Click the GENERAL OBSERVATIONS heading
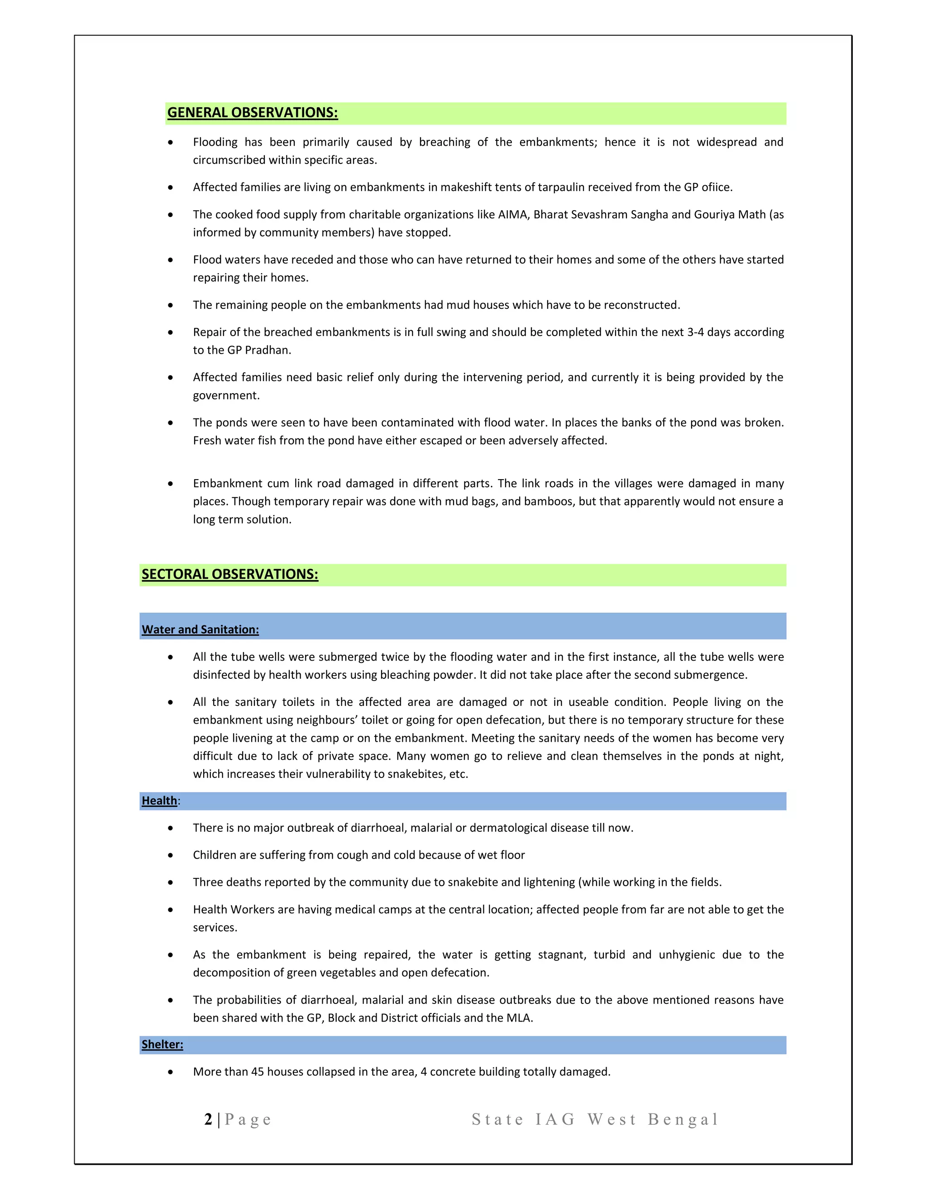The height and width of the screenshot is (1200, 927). (x=252, y=113)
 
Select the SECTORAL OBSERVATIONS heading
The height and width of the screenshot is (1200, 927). (x=229, y=574)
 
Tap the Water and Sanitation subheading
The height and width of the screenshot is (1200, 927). (x=200, y=630)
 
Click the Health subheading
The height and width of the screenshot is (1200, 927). (x=159, y=801)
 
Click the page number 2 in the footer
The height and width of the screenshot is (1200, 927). (x=208, y=1120)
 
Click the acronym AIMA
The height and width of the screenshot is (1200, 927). (x=512, y=214)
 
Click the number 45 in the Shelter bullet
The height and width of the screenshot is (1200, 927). (x=258, y=1071)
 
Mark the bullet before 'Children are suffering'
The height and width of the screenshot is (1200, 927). (x=171, y=855)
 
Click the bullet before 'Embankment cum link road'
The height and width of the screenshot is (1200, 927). (x=171, y=484)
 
